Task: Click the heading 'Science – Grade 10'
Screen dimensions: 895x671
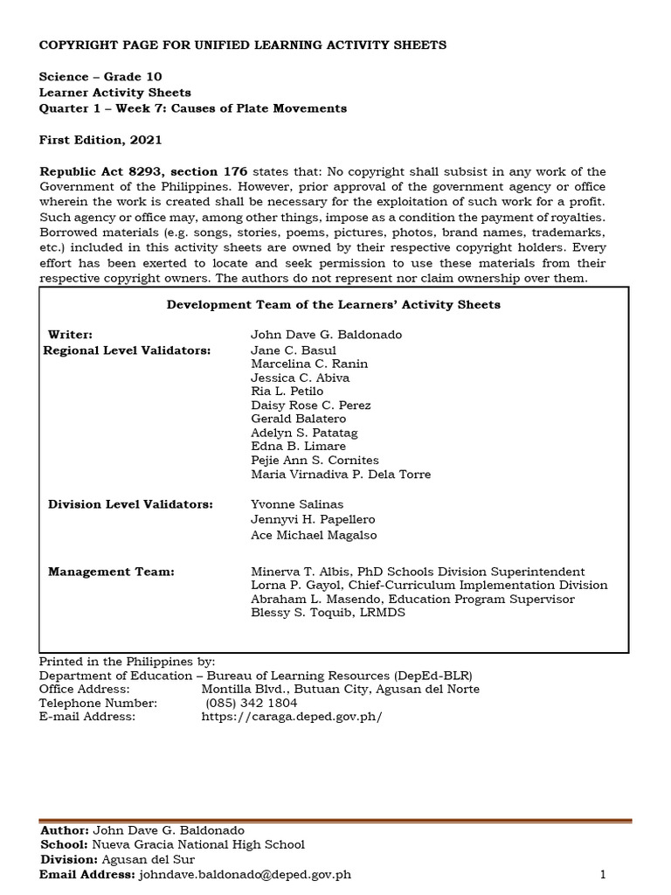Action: [100, 77]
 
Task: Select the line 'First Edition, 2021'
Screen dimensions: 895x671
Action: [100, 140]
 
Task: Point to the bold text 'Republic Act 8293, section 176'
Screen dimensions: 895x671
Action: [144, 171]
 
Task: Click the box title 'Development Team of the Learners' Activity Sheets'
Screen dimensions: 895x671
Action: [333, 304]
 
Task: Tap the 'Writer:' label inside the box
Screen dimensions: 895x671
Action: [70, 334]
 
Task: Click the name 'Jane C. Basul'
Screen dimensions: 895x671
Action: [287, 350]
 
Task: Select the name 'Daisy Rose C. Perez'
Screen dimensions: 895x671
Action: [310, 406]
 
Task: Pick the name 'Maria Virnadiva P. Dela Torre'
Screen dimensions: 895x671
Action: [341, 475]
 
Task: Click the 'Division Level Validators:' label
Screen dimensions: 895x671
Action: [130, 504]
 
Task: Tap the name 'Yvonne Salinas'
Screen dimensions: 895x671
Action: [297, 504]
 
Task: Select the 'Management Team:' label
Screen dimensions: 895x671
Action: [111, 572]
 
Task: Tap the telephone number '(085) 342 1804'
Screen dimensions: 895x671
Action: [252, 703]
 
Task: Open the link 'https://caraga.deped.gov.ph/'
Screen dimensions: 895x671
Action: [292, 717]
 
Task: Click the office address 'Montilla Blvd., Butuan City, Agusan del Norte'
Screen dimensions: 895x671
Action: [340, 689]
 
